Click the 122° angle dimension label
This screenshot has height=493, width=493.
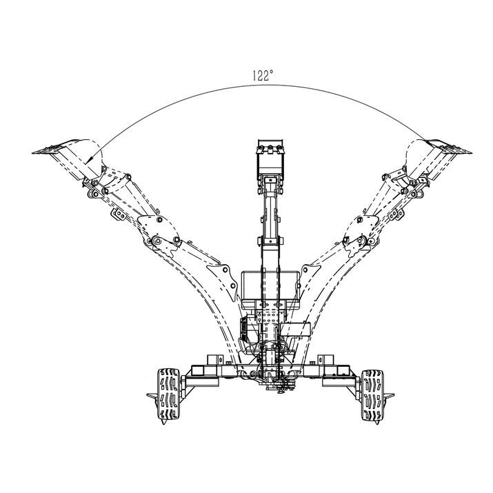coord(263,75)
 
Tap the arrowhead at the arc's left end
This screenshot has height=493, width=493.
coord(88,159)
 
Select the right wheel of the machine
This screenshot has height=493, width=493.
coord(372,395)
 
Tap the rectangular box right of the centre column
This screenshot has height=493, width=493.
coord(295,329)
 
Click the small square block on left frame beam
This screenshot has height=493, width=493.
coord(215,361)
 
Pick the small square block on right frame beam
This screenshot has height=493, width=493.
coord(325,361)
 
